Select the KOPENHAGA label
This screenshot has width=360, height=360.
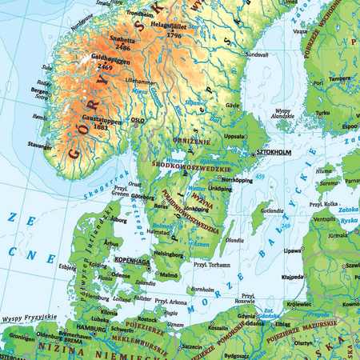click(133, 261)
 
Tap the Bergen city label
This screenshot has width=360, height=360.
click(41, 91)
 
